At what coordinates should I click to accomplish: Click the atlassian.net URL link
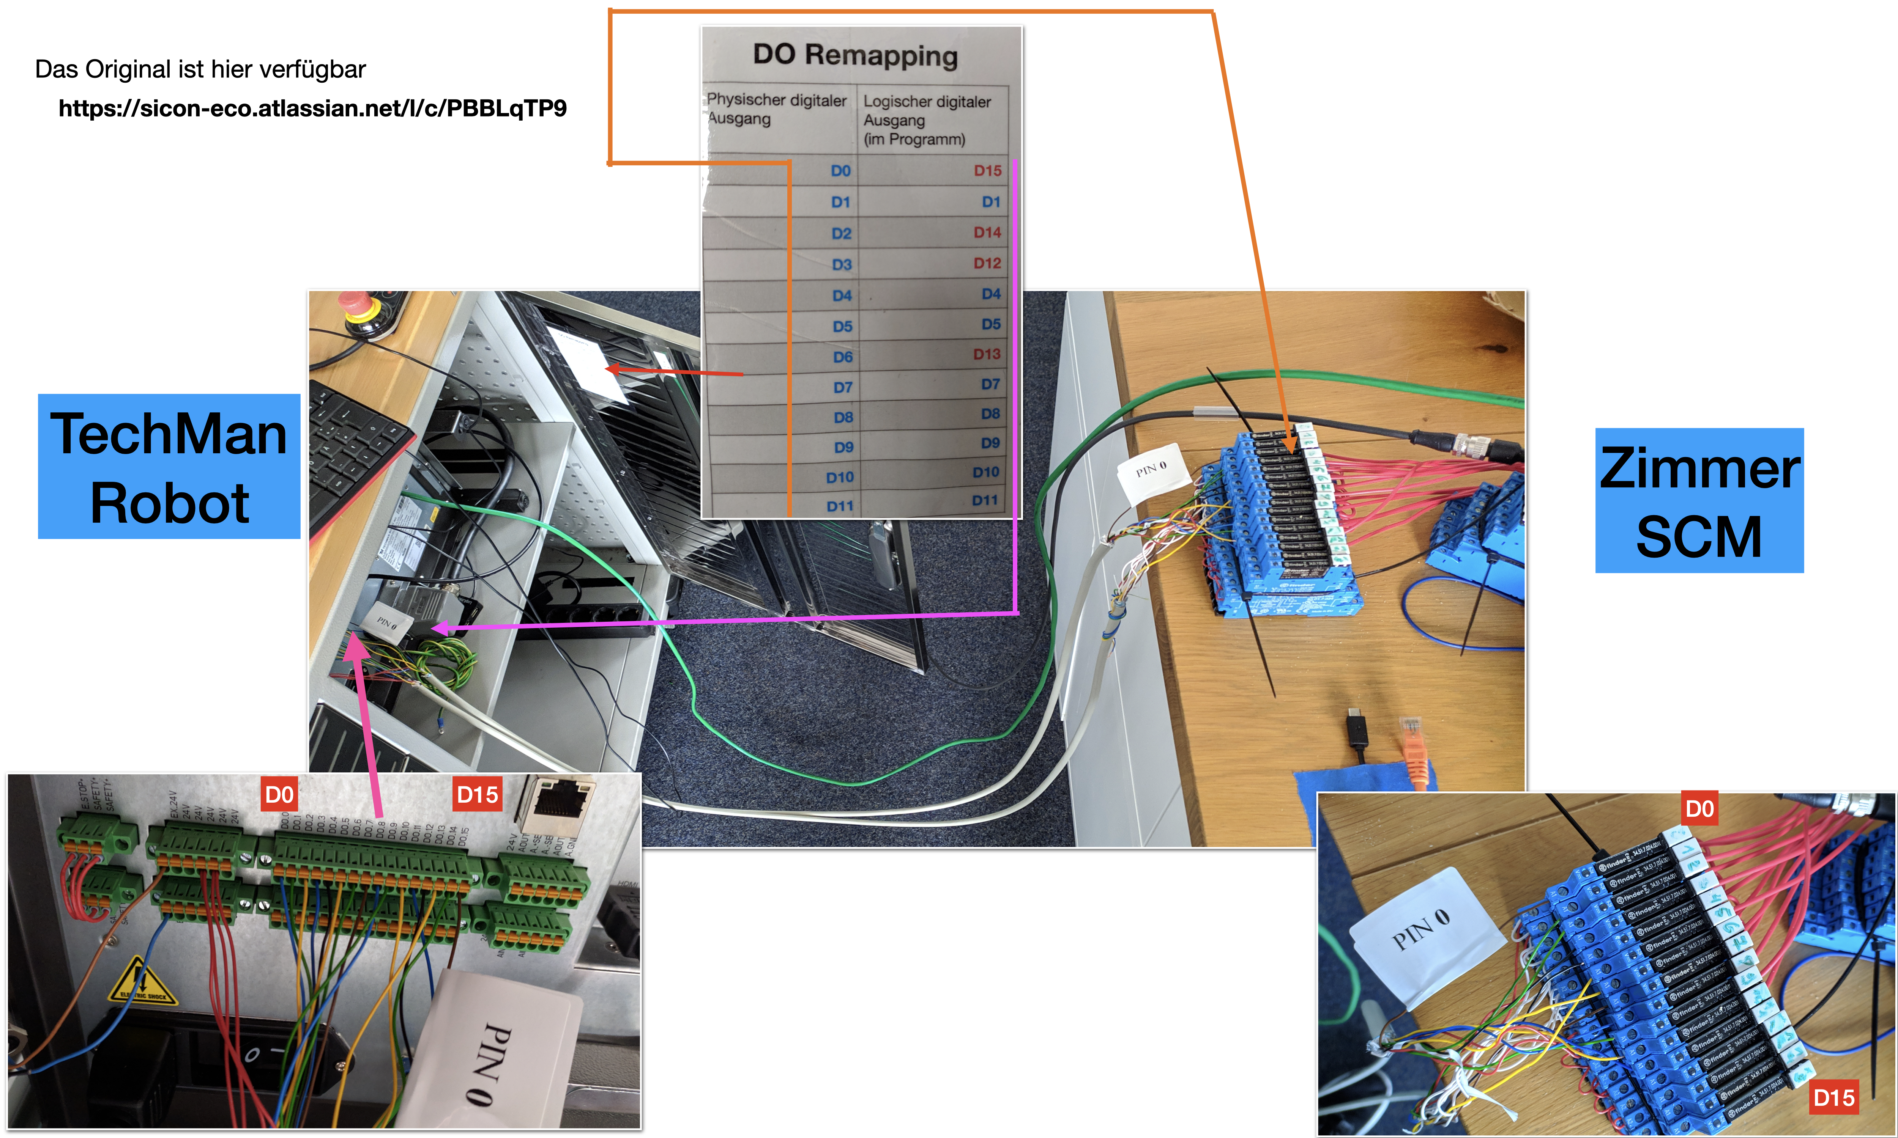pyautogui.click(x=312, y=108)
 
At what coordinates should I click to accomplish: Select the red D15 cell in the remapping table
pyautogui.click(x=987, y=170)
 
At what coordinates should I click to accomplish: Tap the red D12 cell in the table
pyautogui.click(x=987, y=263)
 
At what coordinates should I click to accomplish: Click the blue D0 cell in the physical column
pyautogui.click(x=841, y=170)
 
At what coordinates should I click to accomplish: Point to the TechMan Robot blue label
pyautogui.click(x=169, y=466)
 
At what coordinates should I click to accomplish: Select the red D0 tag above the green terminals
pyautogui.click(x=279, y=794)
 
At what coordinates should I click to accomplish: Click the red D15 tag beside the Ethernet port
pyautogui.click(x=477, y=794)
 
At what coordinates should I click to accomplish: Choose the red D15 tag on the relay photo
pyautogui.click(x=1833, y=1097)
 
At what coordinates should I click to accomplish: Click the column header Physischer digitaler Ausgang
pyautogui.click(x=776, y=109)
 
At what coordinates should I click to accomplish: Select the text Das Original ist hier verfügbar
pyautogui.click(x=200, y=69)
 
